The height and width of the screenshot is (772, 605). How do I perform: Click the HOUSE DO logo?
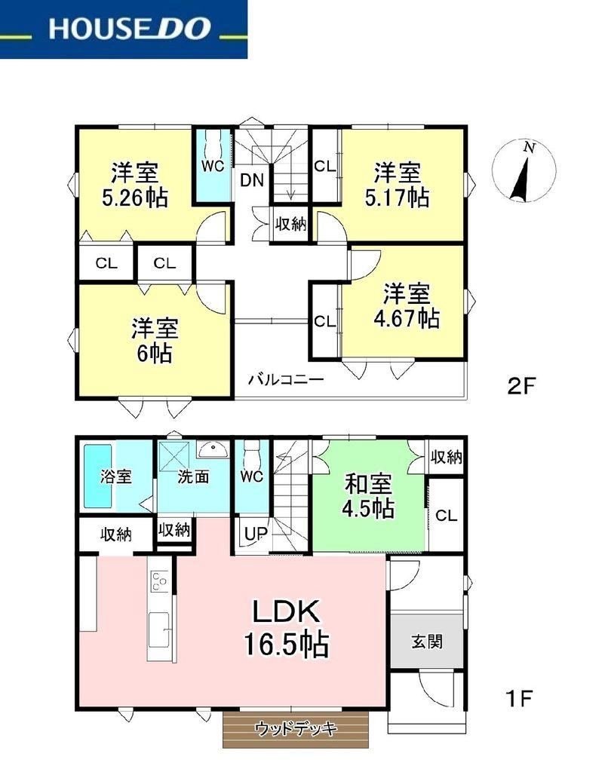pyautogui.click(x=123, y=29)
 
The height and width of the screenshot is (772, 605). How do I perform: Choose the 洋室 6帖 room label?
pyautogui.click(x=155, y=341)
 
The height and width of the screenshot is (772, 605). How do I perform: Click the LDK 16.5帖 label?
pyautogui.click(x=287, y=628)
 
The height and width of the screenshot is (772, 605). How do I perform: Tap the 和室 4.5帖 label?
pyautogui.click(x=369, y=496)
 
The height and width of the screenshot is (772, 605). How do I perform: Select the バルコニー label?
pyautogui.click(x=286, y=380)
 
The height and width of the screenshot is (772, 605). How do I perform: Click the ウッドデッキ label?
pyautogui.click(x=296, y=728)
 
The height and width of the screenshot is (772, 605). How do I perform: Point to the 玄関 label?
pyautogui.click(x=427, y=642)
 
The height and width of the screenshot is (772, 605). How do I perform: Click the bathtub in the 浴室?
pyautogui.click(x=97, y=476)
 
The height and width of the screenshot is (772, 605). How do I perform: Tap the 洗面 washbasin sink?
pyautogui.click(x=212, y=448)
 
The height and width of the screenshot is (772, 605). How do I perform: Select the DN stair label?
pyautogui.click(x=252, y=180)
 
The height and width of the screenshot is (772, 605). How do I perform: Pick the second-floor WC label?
pyautogui.click(x=213, y=166)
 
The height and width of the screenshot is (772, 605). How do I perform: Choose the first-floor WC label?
pyautogui.click(x=252, y=476)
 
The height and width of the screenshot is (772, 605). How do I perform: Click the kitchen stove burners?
pyautogui.click(x=159, y=581)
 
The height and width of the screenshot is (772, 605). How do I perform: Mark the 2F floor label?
pyautogui.click(x=521, y=386)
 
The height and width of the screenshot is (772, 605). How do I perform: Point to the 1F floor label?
pyautogui.click(x=519, y=698)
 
